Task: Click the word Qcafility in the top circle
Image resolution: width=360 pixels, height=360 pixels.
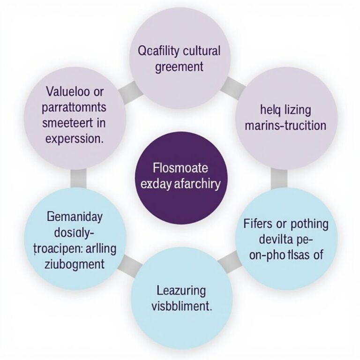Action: coord(158,51)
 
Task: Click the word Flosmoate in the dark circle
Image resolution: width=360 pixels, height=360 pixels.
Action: coord(180,167)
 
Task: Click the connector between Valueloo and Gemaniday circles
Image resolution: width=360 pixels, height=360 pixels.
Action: coord(78,177)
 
